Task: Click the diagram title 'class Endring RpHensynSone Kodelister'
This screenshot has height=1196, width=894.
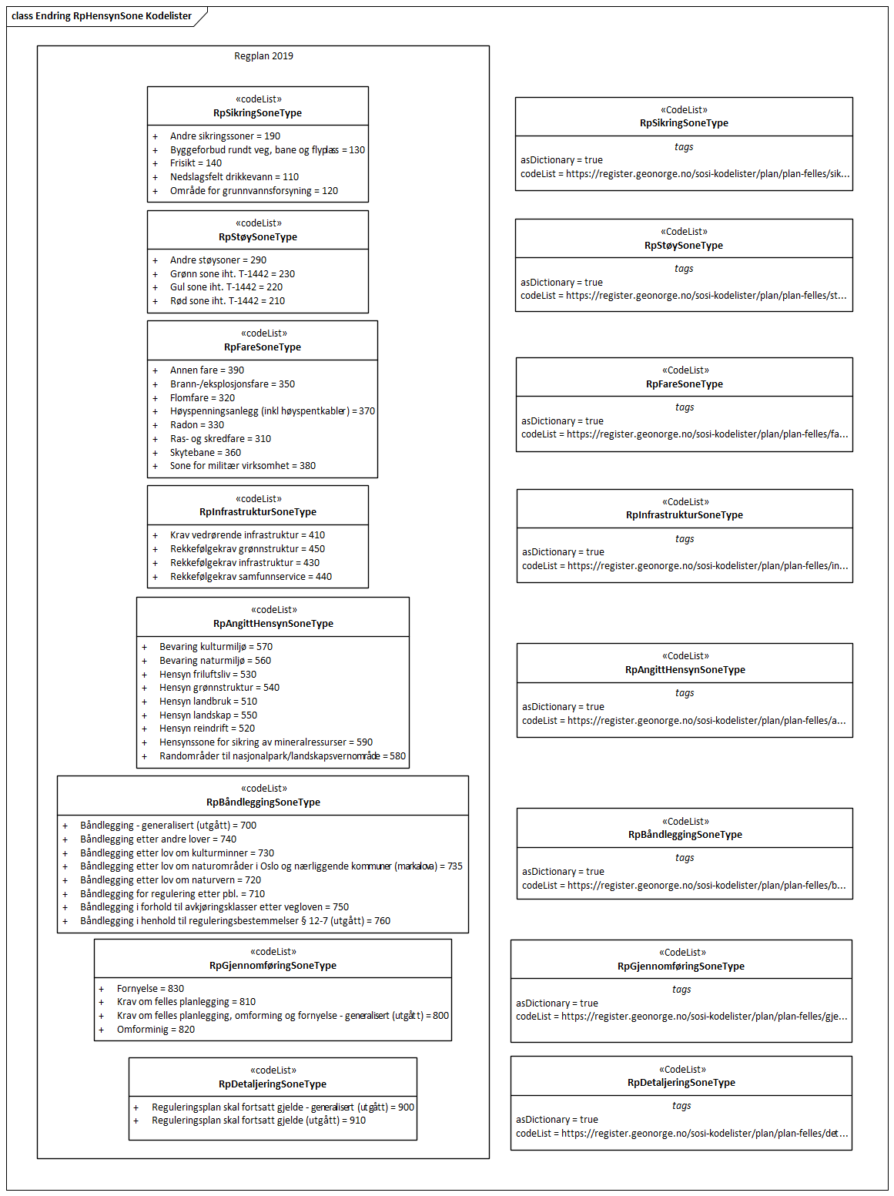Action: point(102,16)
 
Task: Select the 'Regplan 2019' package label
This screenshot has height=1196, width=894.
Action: point(263,56)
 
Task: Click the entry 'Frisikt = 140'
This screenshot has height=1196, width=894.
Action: point(196,163)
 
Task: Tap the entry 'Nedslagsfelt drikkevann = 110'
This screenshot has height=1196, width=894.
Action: point(234,177)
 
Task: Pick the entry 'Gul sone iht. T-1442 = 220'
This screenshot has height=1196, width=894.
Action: point(226,287)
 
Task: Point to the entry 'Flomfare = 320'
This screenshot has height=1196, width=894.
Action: point(202,398)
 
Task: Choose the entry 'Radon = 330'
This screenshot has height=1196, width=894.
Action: point(196,425)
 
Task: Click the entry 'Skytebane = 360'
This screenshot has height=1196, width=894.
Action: point(205,453)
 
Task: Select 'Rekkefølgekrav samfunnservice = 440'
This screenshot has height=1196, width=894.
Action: point(250,577)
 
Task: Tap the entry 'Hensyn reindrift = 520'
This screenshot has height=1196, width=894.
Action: point(206,729)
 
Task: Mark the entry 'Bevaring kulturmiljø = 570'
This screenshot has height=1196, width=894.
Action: point(216,647)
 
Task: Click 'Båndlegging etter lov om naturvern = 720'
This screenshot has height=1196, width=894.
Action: point(170,880)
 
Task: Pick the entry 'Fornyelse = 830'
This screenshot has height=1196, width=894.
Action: point(150,989)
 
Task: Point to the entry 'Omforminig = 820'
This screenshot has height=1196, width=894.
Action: point(156,1030)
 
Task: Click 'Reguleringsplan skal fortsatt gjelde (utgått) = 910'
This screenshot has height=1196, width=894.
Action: point(258,1121)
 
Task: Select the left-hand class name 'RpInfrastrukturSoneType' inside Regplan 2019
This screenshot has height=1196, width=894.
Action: point(257,512)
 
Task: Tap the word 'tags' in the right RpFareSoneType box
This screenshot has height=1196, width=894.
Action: point(684,407)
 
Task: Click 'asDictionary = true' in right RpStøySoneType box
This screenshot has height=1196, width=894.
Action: point(561,283)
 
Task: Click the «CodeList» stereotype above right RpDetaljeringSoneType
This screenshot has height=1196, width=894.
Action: point(681,1070)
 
